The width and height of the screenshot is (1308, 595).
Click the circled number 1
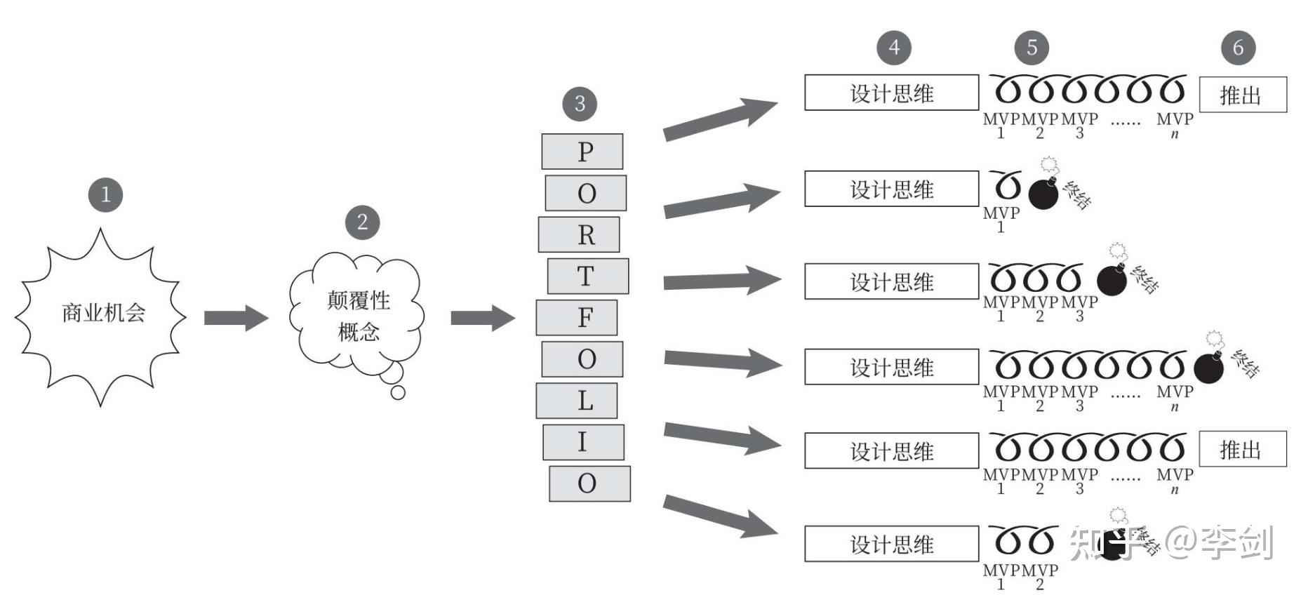point(105,194)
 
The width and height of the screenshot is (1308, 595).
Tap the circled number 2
point(362,222)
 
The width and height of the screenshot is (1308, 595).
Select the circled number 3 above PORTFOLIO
point(580,104)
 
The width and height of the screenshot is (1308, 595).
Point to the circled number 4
point(893,48)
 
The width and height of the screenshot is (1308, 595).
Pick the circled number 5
point(1032,48)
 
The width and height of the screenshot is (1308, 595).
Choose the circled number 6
point(1238,48)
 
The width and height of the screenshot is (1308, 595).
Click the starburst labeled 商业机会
point(102,314)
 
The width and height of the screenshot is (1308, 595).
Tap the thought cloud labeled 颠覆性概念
point(357,314)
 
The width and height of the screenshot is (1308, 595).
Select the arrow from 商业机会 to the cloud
point(235,318)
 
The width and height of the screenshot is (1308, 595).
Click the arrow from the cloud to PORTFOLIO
point(482,318)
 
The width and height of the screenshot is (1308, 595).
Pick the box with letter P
point(582,152)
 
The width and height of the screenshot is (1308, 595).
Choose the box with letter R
point(579,234)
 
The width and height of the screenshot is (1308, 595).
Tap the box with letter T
point(587,276)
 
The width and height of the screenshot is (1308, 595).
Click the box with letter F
point(577,317)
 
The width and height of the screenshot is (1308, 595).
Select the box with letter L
point(577,400)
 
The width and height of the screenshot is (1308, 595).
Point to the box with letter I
point(583,442)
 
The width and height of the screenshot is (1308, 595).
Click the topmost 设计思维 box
point(891,93)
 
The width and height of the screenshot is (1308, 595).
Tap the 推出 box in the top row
point(1243,95)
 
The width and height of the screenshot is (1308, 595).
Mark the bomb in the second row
point(1043,194)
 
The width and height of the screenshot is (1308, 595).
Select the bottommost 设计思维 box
point(891,544)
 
